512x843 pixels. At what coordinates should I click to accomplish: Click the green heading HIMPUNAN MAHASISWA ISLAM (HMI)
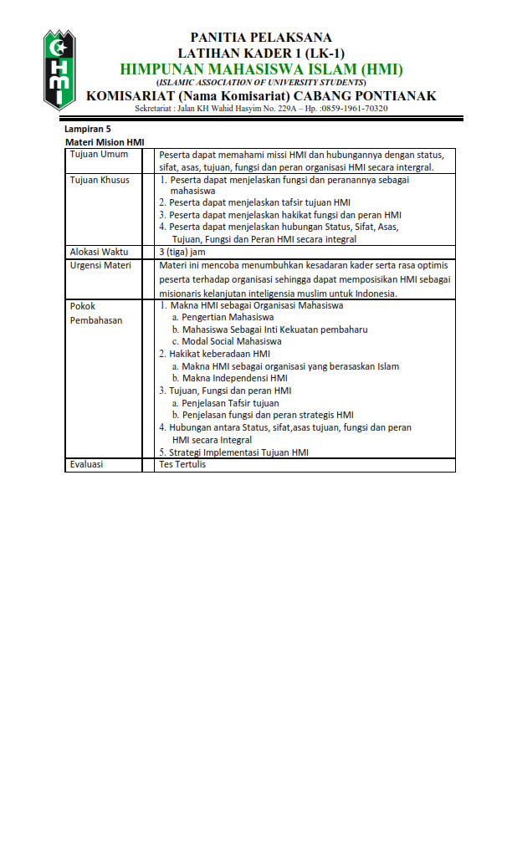point(261,69)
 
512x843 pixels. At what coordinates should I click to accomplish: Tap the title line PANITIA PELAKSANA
point(261,38)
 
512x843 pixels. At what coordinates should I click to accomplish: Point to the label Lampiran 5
point(88,130)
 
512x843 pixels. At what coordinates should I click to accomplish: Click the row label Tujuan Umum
point(99,155)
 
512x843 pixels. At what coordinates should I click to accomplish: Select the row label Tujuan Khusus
point(100,180)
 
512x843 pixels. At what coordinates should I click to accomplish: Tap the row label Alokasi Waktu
point(99,252)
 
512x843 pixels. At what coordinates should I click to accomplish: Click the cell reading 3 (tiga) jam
point(182,252)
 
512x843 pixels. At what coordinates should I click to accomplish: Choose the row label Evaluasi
point(87,464)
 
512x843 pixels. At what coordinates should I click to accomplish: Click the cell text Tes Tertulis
point(182,464)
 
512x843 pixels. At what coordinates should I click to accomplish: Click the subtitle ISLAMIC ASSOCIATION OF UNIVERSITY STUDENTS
point(261,83)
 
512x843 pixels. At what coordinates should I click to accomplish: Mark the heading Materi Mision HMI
point(105,143)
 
